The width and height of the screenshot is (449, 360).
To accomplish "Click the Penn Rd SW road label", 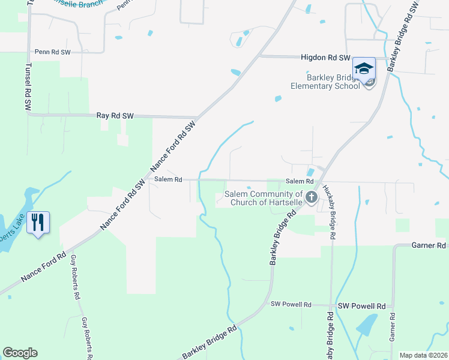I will point(53,52).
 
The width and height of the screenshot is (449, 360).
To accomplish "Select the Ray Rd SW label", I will point(115,115).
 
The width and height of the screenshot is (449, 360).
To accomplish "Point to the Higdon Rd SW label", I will point(325,58).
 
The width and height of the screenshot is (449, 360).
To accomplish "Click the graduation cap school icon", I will point(364,68).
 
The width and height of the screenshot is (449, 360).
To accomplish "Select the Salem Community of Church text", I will point(264,197).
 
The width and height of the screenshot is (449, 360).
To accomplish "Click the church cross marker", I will point(311,197).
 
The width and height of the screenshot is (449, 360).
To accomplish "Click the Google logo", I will point(20,353).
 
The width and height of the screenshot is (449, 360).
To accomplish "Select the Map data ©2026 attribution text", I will point(423,355).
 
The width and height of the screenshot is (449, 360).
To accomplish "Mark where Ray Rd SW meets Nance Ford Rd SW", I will point(197,117).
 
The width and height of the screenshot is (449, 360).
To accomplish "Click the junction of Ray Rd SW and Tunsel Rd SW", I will point(28,114).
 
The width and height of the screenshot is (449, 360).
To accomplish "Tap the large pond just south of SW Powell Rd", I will point(366,326).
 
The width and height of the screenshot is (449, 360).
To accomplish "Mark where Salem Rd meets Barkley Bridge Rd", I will point(318,180).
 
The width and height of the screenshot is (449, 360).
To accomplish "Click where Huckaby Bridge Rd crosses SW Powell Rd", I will point(331,305).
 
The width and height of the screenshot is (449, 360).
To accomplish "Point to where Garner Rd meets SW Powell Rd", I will point(393,305).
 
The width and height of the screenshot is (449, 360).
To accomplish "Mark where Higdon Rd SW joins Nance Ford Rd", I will point(259,56).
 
